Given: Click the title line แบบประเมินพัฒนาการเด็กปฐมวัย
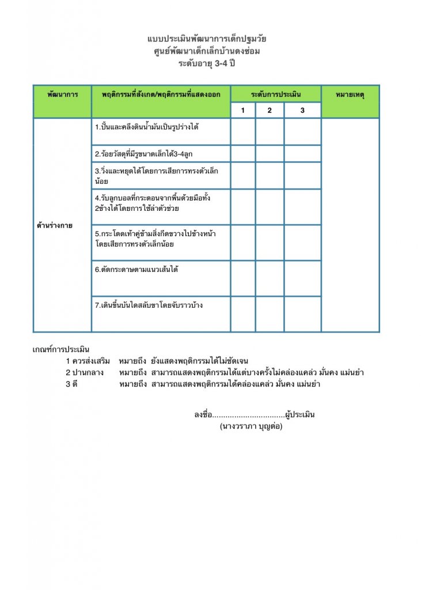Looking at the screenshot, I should [x=207, y=39].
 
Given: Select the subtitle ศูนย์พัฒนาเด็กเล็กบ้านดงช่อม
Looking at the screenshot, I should [x=207, y=51].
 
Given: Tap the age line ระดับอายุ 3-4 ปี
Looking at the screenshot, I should [x=207, y=63].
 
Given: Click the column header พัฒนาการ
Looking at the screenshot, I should [x=62, y=93].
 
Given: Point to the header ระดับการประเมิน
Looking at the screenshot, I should [x=276, y=93].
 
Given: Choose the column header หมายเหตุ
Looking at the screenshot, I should [x=350, y=93].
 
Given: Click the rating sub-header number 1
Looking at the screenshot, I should [x=243, y=111].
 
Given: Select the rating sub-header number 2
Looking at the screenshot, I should [x=270, y=111].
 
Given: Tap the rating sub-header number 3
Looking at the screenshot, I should [x=302, y=111].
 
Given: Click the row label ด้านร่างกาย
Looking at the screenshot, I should [x=55, y=225].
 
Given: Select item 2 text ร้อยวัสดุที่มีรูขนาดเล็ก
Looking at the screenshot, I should [x=145, y=154].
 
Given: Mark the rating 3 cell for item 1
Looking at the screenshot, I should [x=302, y=131].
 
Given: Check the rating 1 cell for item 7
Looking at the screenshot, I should [x=243, y=314].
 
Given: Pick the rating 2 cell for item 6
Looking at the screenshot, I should [x=270, y=278].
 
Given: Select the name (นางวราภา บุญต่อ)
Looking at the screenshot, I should [x=251, y=428].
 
